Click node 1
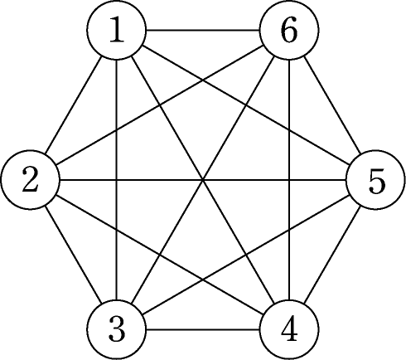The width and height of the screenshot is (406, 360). point(117,30)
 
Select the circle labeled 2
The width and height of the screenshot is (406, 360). point(30,180)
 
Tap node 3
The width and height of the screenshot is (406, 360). point(117,329)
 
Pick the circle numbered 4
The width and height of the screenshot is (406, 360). point(289,329)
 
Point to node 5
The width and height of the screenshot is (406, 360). point(375,180)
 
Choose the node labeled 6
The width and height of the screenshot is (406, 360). point(289,30)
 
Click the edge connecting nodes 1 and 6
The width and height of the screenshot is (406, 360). point(203,30)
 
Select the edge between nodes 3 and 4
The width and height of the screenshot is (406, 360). point(203,329)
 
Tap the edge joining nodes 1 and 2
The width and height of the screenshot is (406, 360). point(74,105)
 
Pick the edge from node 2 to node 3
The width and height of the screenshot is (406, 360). point(74,255)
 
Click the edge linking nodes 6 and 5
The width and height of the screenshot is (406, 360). point(332,105)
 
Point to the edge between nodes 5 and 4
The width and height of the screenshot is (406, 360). point(332,255)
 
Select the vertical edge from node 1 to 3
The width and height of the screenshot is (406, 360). point(117,180)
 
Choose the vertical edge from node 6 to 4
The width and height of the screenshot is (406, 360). point(289,180)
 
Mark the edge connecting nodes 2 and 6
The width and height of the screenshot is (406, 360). point(160,105)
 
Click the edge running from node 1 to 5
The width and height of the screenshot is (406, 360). point(246,105)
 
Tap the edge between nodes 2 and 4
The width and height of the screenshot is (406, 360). point(160,255)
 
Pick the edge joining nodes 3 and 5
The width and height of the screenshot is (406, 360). point(246,255)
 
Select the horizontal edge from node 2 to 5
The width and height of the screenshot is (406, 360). point(203,180)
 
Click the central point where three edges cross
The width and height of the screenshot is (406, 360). point(203,180)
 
